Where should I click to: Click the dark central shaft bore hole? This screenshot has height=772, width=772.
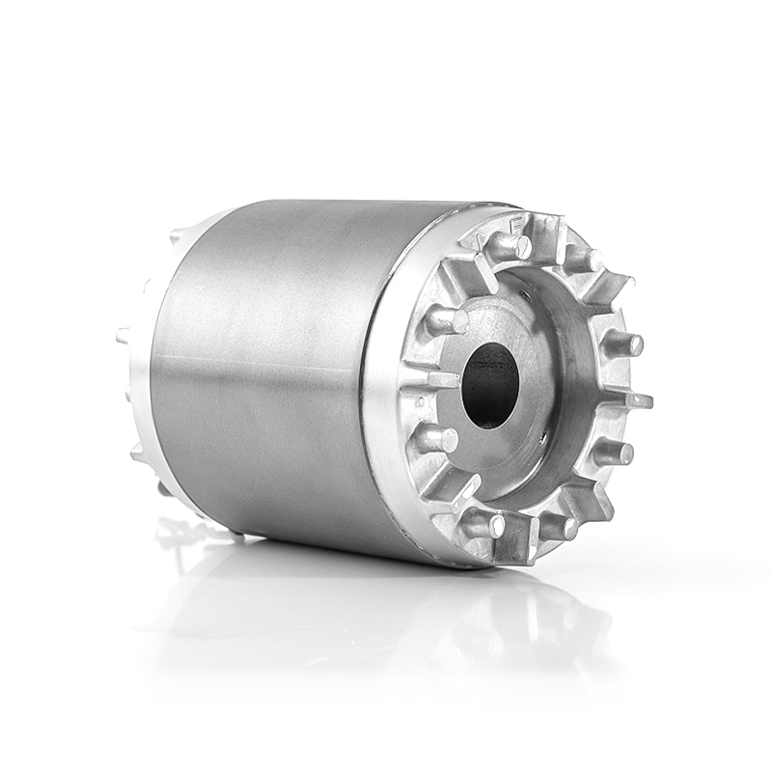click(490, 385)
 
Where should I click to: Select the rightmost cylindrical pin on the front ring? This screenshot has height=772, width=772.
click(622, 343)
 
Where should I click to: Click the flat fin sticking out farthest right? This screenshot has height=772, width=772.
click(632, 399)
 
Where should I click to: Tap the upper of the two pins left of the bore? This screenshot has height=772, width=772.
click(447, 321)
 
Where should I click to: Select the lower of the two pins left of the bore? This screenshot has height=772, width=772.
click(436, 439)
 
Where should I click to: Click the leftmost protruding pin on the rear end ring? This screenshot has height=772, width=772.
click(123, 336)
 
